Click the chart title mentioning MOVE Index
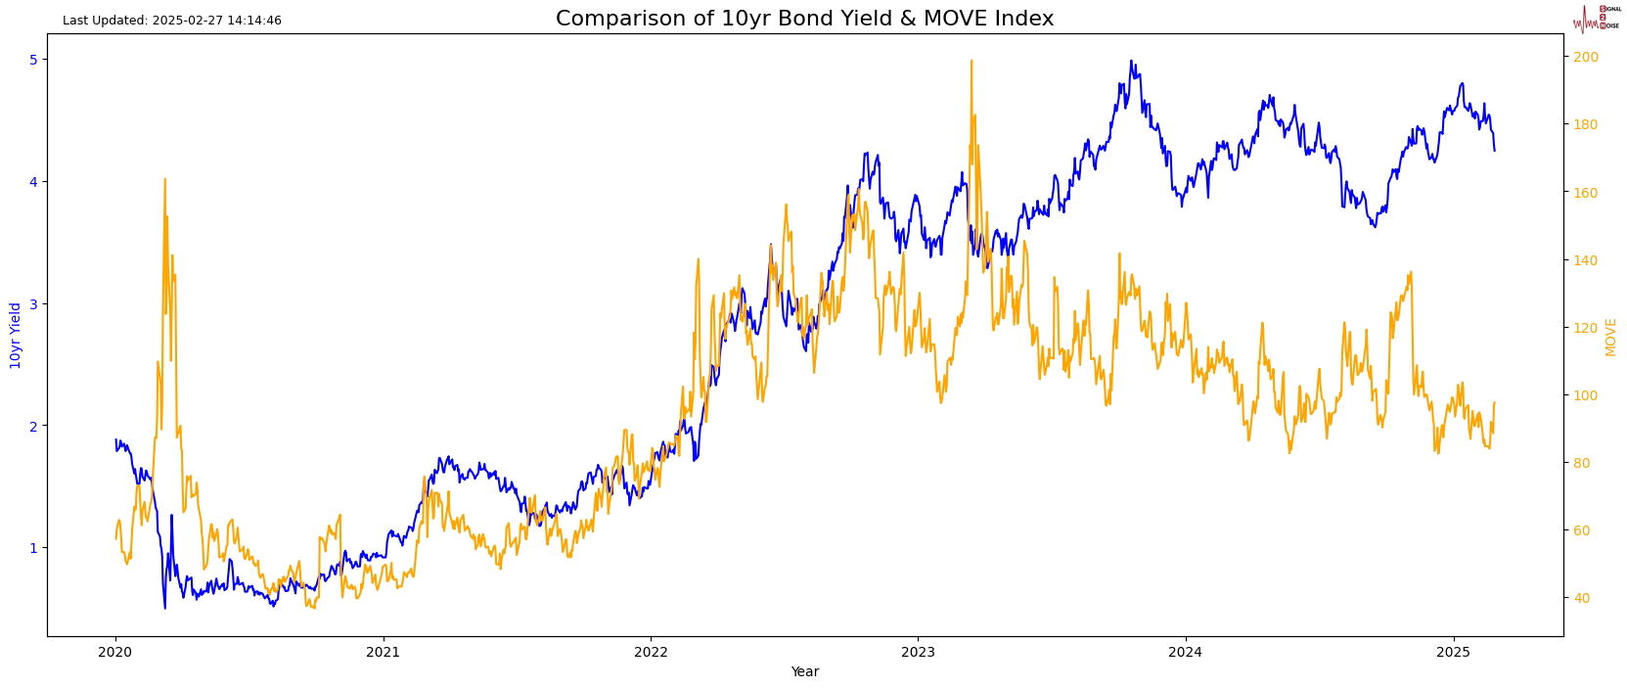[804, 19]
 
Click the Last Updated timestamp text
[172, 21]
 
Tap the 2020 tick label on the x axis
[115, 651]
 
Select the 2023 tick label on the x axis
[918, 651]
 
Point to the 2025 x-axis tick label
[1453, 651]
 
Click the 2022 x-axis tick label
[651, 651]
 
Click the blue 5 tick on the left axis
[32, 60]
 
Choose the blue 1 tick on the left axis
[32, 548]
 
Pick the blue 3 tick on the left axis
[32, 304]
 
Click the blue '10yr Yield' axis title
[16, 336]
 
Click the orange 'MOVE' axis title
[1610, 337]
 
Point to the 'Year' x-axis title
[804, 672]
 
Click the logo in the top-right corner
[1596, 18]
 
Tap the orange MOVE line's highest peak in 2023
[972, 61]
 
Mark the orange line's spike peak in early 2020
[164, 179]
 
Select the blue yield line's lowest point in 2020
[164, 608]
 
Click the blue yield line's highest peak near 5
[1131, 61]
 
